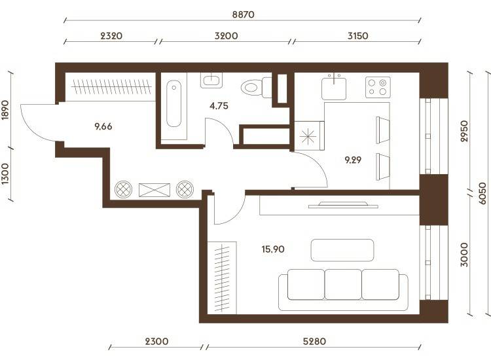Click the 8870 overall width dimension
244,14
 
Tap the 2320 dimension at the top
111,36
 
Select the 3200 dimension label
226,36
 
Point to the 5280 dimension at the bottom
314,341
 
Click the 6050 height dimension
482,193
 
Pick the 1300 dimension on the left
5,173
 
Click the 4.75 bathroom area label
219,106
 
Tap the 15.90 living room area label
273,249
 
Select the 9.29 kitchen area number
353,160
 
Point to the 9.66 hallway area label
103,126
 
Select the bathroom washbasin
211,81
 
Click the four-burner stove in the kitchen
378,87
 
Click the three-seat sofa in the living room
343,289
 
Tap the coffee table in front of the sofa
342,250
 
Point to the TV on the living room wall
343,205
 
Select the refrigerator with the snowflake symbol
309,136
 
